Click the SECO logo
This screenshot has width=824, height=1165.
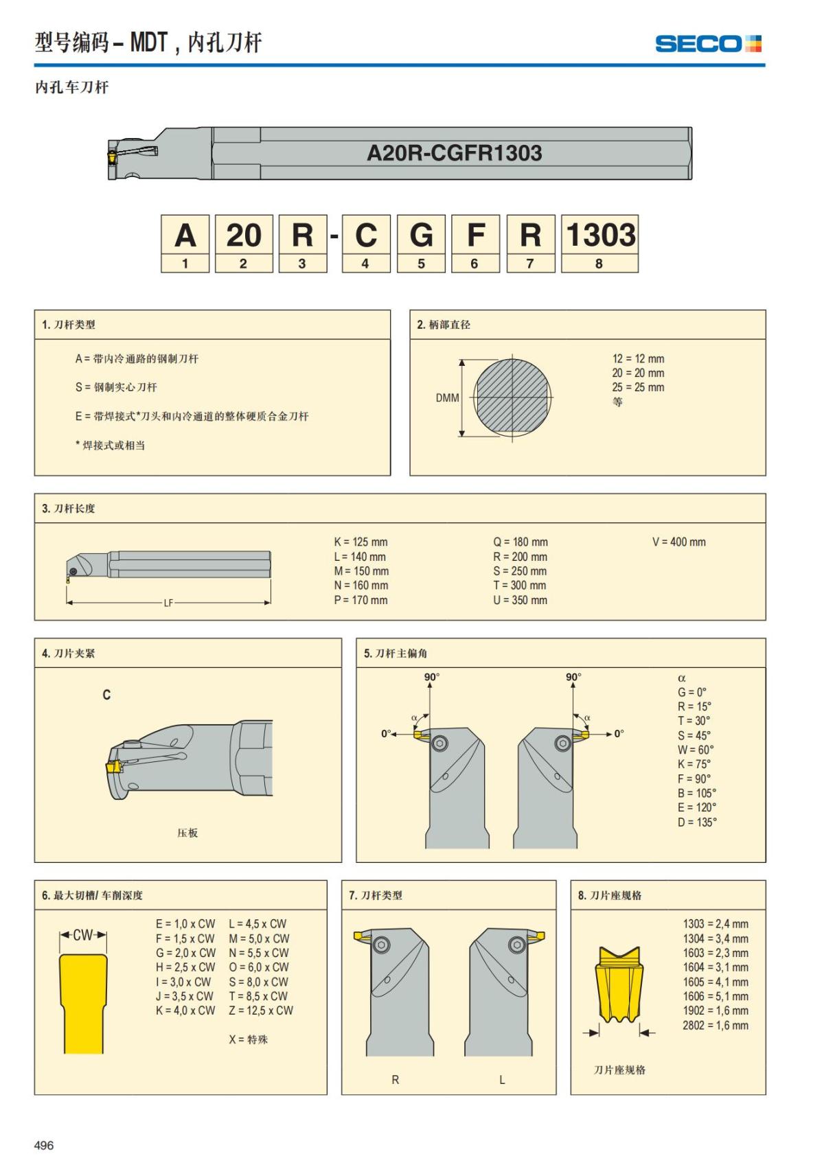[708, 44]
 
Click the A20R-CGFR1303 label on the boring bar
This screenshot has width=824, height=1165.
[454, 152]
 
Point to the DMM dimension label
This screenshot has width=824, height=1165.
[447, 397]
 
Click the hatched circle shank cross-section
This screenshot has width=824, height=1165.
[512, 397]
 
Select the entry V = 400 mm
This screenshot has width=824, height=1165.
[678, 542]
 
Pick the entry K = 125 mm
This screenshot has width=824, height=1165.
[360, 542]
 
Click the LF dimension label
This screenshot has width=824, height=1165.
[168, 603]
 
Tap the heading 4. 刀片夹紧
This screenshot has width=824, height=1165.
[68, 653]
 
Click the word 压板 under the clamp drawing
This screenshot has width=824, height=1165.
[187, 833]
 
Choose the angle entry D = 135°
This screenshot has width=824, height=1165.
[697, 822]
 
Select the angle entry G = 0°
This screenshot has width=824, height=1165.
[691, 692]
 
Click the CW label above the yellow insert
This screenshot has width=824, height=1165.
[82, 935]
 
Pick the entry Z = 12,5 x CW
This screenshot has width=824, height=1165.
[261, 1011]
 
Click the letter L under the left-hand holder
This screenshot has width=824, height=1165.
[502, 1080]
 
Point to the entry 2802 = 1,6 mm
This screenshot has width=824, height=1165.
[715, 1025]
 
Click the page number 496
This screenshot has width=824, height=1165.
[44, 1145]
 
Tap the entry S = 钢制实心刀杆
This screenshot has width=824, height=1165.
[116, 387]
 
